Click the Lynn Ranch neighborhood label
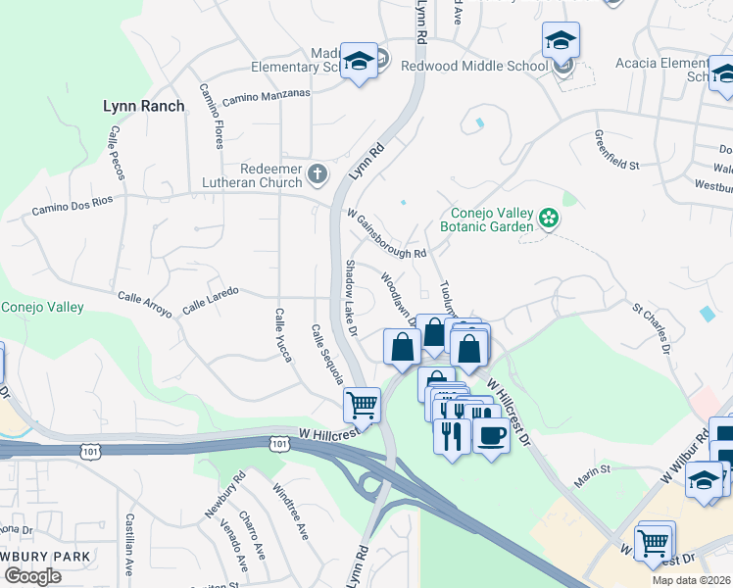tap(143, 106)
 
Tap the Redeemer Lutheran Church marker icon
tap(317, 174)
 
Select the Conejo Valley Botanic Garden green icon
tap(549, 217)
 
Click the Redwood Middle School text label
tap(474, 66)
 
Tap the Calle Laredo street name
tap(210, 306)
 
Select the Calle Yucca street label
tap(281, 335)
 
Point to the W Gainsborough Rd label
tap(386, 234)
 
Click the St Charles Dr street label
tap(652, 328)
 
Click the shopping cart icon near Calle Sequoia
tap(362, 402)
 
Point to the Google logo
tap(32, 575)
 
